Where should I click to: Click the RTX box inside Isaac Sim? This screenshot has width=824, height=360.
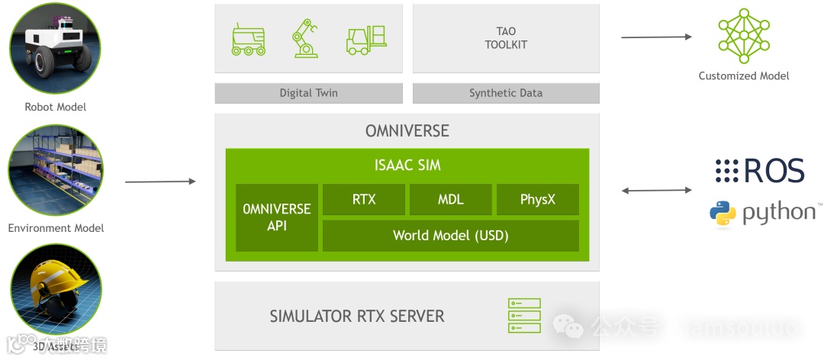click(364, 200)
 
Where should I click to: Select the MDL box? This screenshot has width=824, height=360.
click(450, 200)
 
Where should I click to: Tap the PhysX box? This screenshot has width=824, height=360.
click(538, 200)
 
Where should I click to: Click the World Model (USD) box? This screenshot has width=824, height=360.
click(450, 236)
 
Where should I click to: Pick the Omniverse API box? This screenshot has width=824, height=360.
click(277, 217)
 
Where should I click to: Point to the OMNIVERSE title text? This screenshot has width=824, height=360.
click(407, 131)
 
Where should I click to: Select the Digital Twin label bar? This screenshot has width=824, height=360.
click(308, 93)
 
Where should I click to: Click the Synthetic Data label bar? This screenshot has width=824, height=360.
click(506, 93)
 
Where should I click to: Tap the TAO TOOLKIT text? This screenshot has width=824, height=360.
click(506, 38)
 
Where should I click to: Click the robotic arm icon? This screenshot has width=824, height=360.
click(304, 39)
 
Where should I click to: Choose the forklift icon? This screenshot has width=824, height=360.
click(366, 40)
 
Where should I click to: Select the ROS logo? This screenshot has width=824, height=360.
click(760, 172)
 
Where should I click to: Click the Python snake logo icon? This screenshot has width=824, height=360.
click(723, 215)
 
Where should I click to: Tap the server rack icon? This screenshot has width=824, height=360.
click(524, 315)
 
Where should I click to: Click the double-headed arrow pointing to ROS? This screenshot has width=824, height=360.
click(656, 190)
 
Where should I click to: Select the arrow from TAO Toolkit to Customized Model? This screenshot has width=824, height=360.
click(656, 37)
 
